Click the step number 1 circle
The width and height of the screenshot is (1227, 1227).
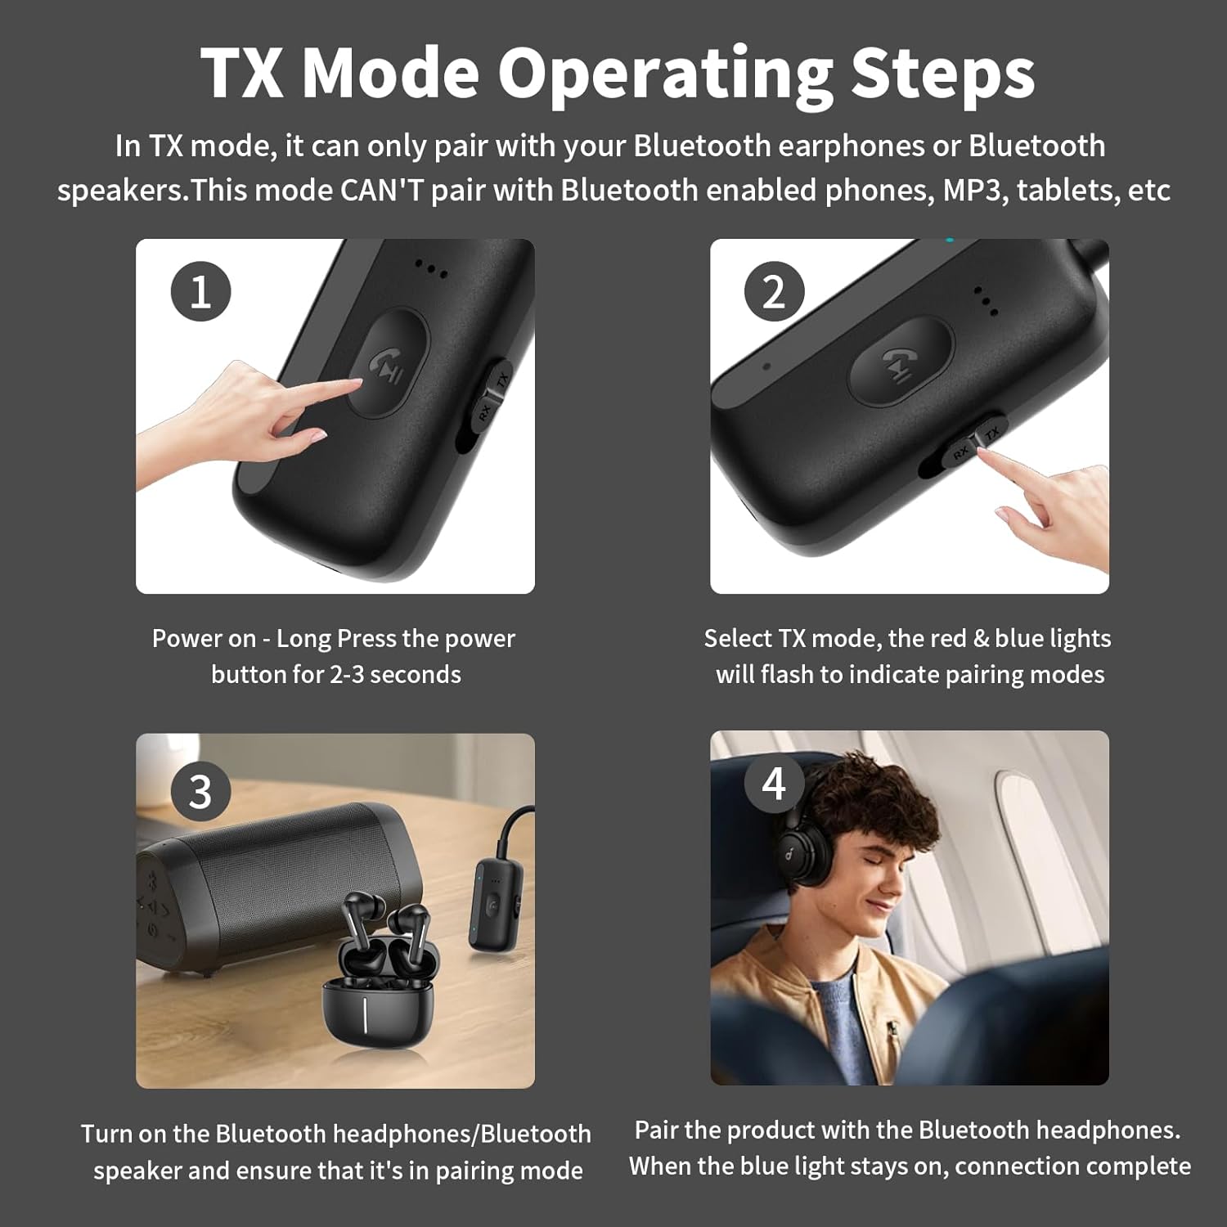click(200, 291)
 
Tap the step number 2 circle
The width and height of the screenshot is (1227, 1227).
click(774, 291)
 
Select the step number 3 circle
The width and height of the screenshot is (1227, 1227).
click(200, 791)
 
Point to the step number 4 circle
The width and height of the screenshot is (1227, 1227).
click(774, 783)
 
